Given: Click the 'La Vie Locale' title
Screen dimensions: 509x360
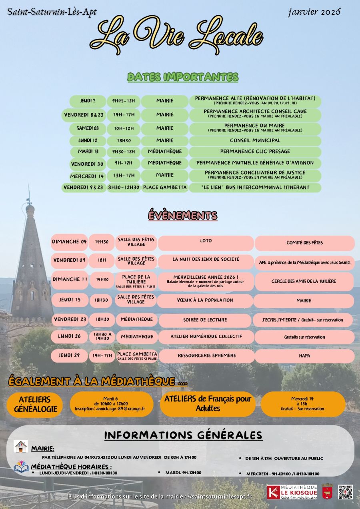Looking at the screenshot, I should tap(176, 36).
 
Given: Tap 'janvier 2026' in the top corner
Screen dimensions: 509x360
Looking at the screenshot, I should tap(314, 12).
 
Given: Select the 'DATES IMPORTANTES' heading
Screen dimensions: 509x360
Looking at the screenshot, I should tap(183, 77).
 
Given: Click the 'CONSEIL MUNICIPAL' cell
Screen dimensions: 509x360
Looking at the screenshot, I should tap(255, 141).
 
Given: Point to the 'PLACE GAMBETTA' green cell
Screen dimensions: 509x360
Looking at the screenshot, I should tap(165, 187).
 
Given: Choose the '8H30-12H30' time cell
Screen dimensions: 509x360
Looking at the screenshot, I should tap(124, 187).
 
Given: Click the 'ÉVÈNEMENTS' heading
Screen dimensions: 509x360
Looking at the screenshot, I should tap(183, 215).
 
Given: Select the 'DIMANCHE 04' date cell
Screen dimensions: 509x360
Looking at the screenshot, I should tap(69, 242).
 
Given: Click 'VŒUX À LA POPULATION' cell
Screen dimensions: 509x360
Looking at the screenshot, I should tap(206, 300).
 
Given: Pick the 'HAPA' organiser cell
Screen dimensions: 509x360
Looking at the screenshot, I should tap(304, 356).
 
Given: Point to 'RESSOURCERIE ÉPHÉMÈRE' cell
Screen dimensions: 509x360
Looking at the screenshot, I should tap(206, 355).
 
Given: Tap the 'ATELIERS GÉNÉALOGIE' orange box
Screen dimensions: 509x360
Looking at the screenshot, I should tap(35, 404).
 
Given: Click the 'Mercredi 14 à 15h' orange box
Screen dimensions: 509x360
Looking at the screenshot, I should tap(302, 403).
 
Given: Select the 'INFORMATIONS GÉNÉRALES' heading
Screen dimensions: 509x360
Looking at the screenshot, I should tap(183, 435).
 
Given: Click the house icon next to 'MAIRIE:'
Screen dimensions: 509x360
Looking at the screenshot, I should tap(21, 447).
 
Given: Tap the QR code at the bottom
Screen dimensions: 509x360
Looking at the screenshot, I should tap(345, 492).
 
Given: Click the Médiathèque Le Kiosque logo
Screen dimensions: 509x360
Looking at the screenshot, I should tap(292, 492).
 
